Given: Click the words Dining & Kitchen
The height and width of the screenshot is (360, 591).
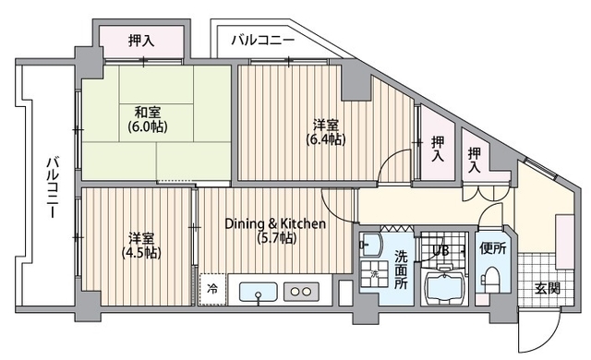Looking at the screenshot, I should pos(276,223).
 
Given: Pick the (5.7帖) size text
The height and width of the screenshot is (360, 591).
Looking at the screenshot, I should pos(276,238).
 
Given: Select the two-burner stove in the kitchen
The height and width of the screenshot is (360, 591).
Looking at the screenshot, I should pos(302,291).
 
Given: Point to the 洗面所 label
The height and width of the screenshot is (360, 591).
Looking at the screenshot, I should pos(402,270).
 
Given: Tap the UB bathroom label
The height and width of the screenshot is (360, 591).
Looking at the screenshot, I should pos(439,249).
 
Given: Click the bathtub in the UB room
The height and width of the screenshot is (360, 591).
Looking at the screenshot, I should pos(448,289).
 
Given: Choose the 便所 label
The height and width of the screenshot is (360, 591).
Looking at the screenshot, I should pos(493,248).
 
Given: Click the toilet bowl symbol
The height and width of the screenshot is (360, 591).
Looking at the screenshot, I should pos(491,277).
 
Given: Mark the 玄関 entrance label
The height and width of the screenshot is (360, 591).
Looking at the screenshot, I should pos(547,288).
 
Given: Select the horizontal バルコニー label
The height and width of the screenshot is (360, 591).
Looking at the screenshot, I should pos(262,41).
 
